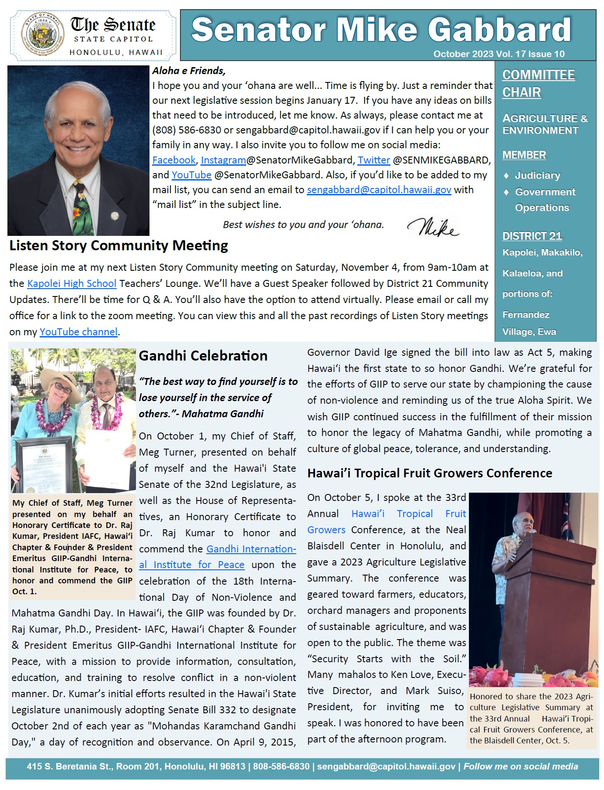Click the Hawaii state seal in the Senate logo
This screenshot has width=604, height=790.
tap(42, 34)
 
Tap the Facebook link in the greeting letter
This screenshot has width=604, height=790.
tap(174, 160)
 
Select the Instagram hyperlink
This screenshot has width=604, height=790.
tap(223, 160)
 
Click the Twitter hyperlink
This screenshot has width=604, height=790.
tap(373, 160)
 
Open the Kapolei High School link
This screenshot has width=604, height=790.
tap(71, 283)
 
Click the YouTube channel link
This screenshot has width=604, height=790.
tap(78, 332)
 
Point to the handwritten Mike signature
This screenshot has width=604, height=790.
tap(433, 226)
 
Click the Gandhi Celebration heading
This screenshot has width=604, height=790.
tap(203, 356)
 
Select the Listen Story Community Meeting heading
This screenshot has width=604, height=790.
tap(119, 245)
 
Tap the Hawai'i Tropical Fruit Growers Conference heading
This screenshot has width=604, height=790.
tap(429, 473)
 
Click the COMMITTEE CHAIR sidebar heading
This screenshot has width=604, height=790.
tap(538, 83)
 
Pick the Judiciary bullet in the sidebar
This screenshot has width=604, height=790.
tap(537, 175)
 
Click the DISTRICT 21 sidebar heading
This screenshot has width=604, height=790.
tap(532, 236)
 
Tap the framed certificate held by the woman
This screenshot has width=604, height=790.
tap(44, 462)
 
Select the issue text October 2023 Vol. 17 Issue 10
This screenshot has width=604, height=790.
tap(499, 54)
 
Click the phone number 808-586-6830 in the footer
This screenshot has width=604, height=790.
tap(281, 766)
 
